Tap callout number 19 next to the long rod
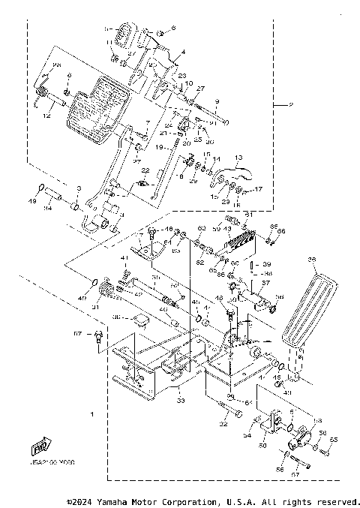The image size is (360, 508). (159, 148)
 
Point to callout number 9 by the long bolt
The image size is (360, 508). (217, 101)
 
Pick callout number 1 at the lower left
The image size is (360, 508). (91, 414)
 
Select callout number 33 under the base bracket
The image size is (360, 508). (181, 401)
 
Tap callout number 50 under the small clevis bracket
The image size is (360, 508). (262, 445)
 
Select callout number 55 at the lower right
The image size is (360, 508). (334, 439)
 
